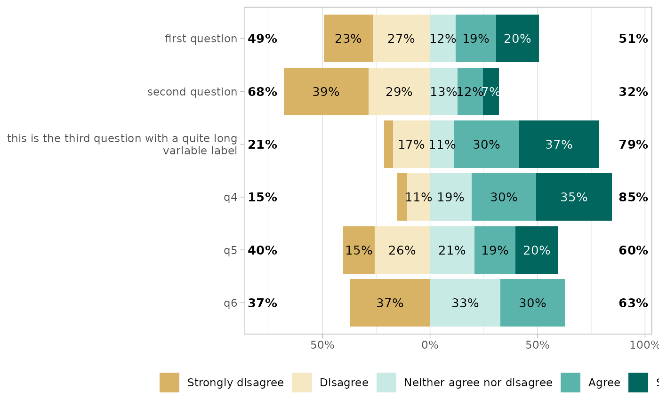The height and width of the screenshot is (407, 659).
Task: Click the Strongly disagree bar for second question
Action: click(326, 91)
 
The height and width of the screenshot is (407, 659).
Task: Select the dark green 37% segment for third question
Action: click(559, 144)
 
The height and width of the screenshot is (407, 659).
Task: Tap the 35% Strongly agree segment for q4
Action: click(574, 197)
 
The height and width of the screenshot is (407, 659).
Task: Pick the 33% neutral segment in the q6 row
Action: click(465, 303)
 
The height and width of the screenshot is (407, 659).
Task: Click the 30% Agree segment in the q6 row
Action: click(532, 303)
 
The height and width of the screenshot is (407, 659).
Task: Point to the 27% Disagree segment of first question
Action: click(401, 39)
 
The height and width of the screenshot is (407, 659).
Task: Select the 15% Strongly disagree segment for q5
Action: click(359, 250)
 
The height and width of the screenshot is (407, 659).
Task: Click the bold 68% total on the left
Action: click(262, 92)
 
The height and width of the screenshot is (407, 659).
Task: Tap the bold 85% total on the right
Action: click(633, 198)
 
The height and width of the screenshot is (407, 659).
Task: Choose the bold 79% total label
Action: click(633, 145)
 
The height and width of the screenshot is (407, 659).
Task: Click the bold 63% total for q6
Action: click(633, 303)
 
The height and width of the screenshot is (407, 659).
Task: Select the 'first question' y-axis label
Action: click(201, 39)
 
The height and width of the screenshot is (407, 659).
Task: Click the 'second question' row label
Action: click(192, 92)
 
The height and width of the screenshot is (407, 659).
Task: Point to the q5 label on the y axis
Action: click(230, 250)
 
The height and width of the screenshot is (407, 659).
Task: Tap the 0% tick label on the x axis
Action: click(430, 345)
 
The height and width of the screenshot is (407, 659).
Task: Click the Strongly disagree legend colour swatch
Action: click(169, 383)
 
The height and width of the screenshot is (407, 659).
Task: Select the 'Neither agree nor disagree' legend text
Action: click(478, 383)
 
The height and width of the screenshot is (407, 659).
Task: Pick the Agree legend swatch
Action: click(570, 383)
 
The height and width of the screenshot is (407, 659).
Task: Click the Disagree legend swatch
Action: click(302, 383)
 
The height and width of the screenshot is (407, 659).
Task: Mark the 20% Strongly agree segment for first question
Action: click(517, 39)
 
